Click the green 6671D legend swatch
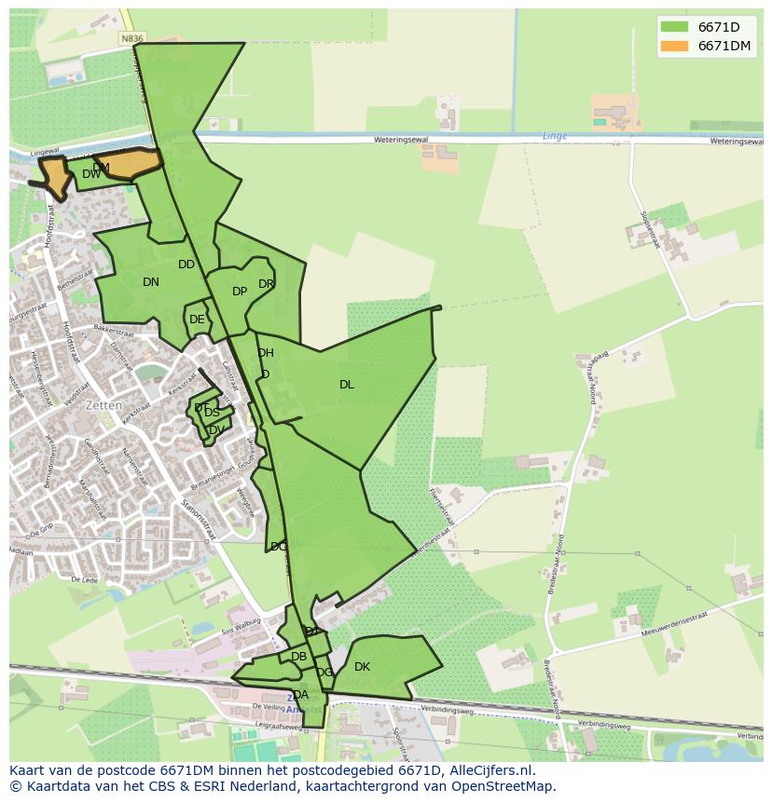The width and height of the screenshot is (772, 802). [x=673, y=27]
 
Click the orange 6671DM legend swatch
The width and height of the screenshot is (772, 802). [x=673, y=46]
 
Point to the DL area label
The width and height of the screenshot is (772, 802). [x=347, y=385]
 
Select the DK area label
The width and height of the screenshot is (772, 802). [x=362, y=667]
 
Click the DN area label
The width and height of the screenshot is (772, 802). [x=151, y=282]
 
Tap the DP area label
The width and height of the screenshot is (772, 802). [x=240, y=292]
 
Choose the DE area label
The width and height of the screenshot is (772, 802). [x=197, y=319]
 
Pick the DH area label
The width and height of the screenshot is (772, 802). [x=266, y=353]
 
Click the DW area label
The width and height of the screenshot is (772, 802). [x=90, y=175]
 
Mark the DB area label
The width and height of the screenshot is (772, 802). [x=298, y=657]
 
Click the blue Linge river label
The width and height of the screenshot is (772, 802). [x=555, y=136]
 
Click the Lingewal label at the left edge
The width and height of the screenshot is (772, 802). [x=44, y=151]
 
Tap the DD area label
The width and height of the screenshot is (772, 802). [x=186, y=265]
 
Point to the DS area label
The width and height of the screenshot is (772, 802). [x=213, y=413]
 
